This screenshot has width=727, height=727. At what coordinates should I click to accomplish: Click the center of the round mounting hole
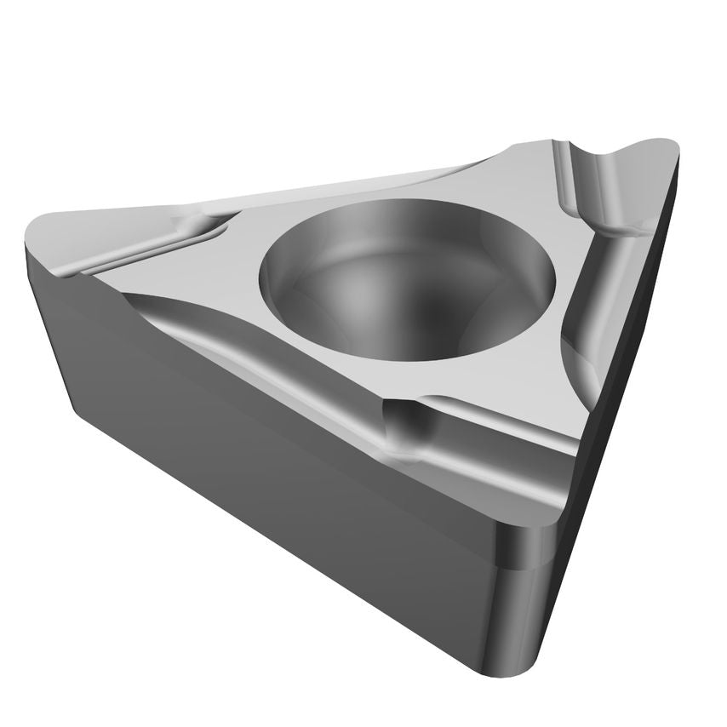(407, 277)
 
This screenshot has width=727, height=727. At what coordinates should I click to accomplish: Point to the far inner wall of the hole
(409, 226)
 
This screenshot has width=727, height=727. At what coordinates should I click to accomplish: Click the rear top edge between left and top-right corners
(341, 183)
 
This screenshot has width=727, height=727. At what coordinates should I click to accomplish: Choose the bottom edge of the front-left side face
(281, 545)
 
